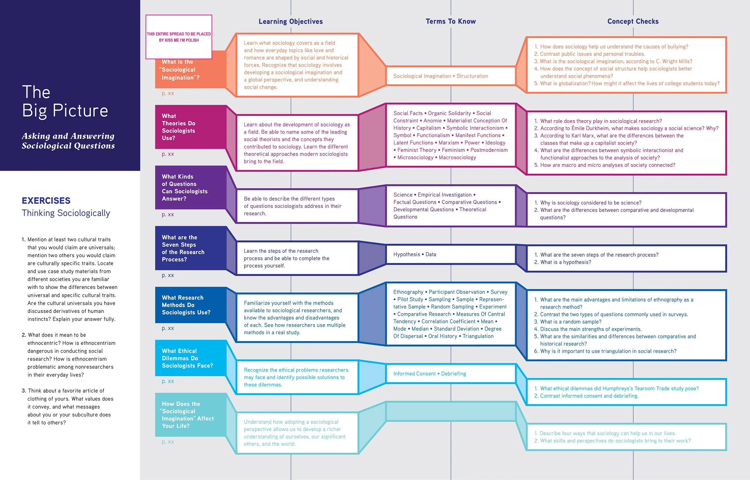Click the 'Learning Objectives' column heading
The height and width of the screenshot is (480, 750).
(291, 21)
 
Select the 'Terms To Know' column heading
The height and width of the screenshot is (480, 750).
(451, 21)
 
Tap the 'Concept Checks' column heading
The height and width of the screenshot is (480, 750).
(633, 21)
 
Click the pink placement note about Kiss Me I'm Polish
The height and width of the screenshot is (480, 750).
(179, 37)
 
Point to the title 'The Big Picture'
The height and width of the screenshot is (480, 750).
(65, 101)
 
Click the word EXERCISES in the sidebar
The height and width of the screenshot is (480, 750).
(46, 201)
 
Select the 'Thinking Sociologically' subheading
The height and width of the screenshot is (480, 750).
(66, 213)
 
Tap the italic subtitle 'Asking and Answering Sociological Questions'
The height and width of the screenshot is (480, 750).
(68, 141)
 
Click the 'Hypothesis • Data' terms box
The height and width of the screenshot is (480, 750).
(415, 254)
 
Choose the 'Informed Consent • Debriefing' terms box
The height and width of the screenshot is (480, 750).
(429, 374)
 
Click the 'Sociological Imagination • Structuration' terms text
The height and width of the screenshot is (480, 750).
(440, 76)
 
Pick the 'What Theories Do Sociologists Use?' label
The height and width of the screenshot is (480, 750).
(178, 127)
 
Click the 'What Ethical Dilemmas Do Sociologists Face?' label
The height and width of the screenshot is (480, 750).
(187, 358)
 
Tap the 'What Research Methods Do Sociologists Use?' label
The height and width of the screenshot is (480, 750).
(186, 305)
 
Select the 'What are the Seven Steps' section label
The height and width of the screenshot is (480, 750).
(183, 248)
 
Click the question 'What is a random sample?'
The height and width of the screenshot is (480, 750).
(571, 322)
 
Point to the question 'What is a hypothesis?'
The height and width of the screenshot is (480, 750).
(565, 262)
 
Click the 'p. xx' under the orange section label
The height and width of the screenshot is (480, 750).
(168, 93)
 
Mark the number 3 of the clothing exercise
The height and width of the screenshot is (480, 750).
(24, 391)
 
